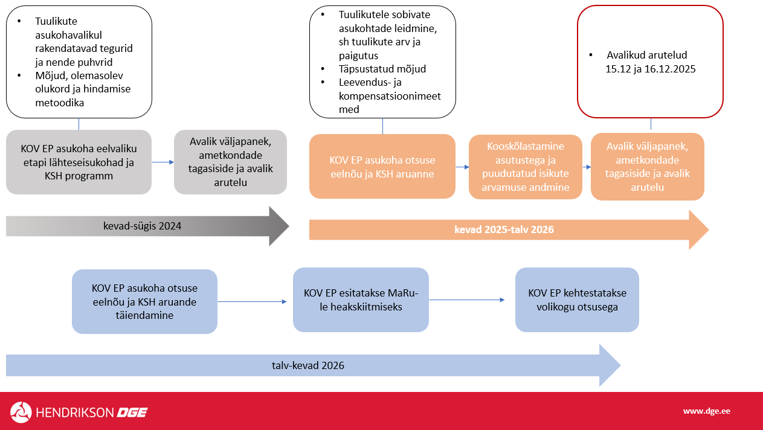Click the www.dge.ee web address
pyautogui.click(x=706, y=411)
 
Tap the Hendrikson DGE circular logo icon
pyautogui.click(x=21, y=412)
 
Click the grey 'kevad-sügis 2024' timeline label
pyautogui.click(x=142, y=226)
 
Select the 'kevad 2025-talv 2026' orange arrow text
pyautogui.click(x=504, y=229)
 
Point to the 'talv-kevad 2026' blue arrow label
pyautogui.click(x=308, y=365)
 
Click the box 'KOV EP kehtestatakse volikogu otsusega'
pyautogui.click(x=577, y=300)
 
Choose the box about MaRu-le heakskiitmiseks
pyautogui.click(x=361, y=300)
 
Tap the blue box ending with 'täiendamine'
pyautogui.click(x=144, y=301)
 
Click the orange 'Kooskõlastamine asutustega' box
pyautogui.click(x=526, y=167)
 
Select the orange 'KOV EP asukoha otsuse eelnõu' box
pyautogui.click(x=382, y=166)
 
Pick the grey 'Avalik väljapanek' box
pyautogui.click(x=230, y=162)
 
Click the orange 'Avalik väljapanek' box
pyautogui.click(x=647, y=167)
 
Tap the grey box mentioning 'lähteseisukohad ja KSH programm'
pyautogui.click(x=79, y=162)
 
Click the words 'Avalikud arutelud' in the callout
pyautogui.click(x=647, y=55)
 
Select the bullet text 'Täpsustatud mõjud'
pyautogui.click(x=382, y=69)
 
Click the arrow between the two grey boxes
pyautogui.click(x=162, y=162)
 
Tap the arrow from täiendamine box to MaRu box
pyautogui.click(x=254, y=301)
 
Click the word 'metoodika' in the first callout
pyautogui.click(x=59, y=103)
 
